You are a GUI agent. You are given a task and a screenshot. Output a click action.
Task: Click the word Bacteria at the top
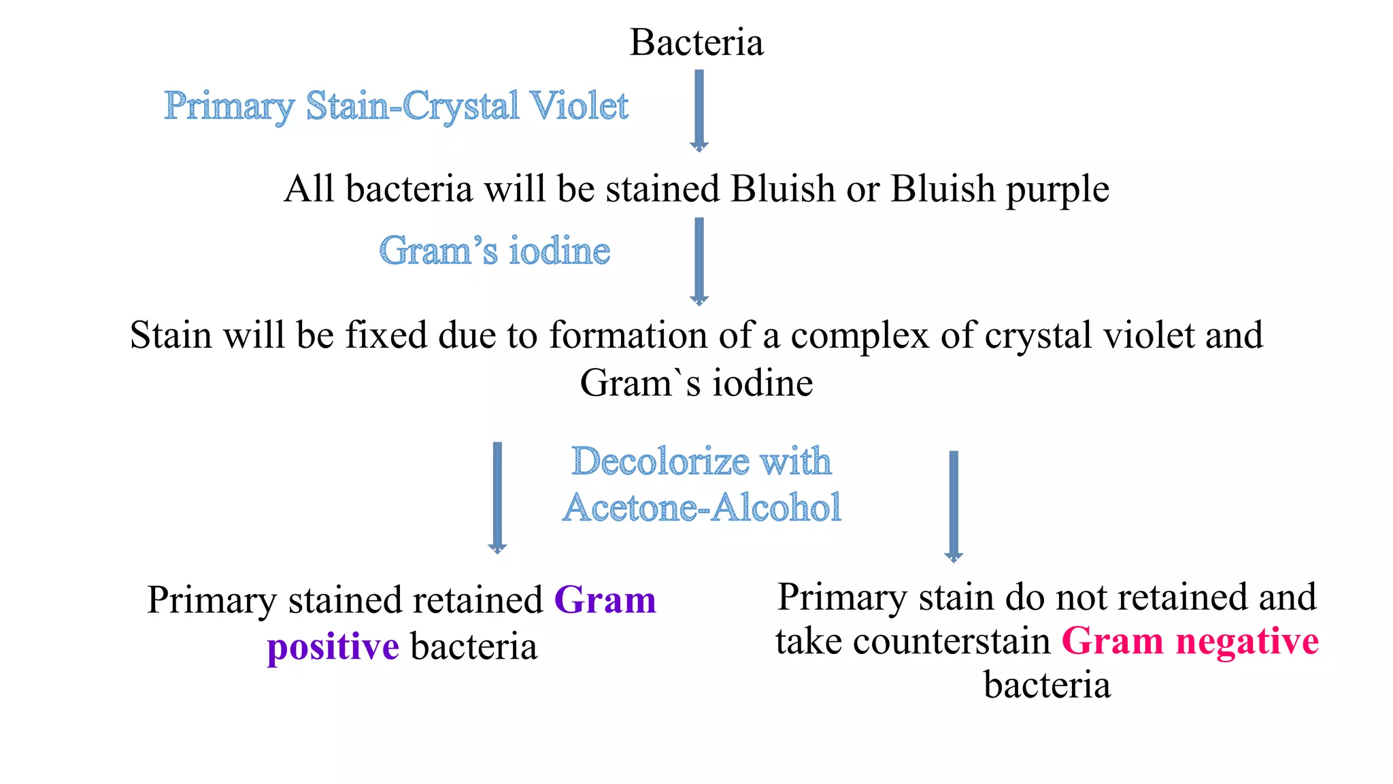[696, 42]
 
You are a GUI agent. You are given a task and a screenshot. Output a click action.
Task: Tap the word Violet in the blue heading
[579, 106]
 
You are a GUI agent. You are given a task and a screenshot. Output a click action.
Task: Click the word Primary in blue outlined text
[229, 107]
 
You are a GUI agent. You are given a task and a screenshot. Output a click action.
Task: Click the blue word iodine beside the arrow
[559, 250]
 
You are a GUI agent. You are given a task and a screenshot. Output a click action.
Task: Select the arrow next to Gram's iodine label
[699, 261]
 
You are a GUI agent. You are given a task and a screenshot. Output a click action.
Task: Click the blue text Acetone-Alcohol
[702, 508]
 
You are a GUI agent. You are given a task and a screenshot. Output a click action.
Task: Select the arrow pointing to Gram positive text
[497, 497]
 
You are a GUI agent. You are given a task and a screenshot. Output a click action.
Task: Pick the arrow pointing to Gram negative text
[954, 506]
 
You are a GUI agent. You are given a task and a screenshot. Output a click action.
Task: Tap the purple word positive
[333, 647]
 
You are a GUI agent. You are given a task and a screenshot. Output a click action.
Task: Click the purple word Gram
[605, 600]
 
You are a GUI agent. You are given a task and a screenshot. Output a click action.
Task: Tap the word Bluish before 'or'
[782, 189]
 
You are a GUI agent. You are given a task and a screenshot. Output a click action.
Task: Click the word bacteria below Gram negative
[1047, 685]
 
